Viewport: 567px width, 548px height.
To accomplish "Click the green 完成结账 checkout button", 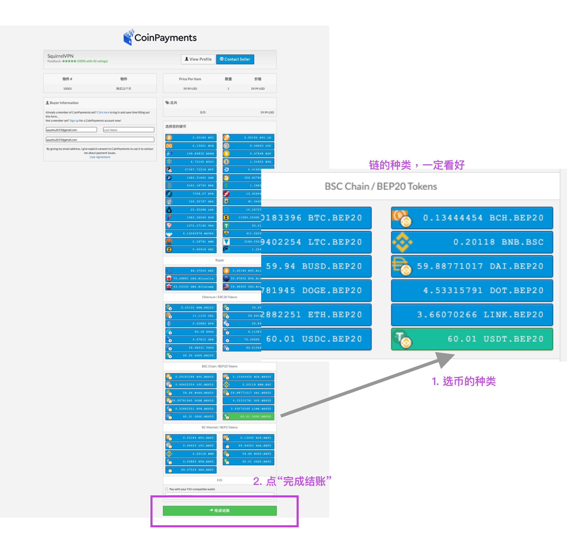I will click(220, 510).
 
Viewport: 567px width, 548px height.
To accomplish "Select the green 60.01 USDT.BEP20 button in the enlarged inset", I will click(472, 339).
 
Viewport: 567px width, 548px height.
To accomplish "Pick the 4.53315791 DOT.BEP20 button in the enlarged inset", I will click(472, 290).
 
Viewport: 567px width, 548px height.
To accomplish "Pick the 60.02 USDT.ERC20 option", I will click(191, 356).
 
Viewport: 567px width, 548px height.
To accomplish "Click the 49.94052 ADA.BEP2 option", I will click(248, 446).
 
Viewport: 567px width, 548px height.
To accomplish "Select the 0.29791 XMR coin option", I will click(191, 241).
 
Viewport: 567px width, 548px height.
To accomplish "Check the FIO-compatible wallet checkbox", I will click(167, 489).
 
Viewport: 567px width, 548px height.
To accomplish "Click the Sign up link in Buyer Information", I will click(74, 121).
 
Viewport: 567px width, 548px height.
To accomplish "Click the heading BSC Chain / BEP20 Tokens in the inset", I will click(381, 186).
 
